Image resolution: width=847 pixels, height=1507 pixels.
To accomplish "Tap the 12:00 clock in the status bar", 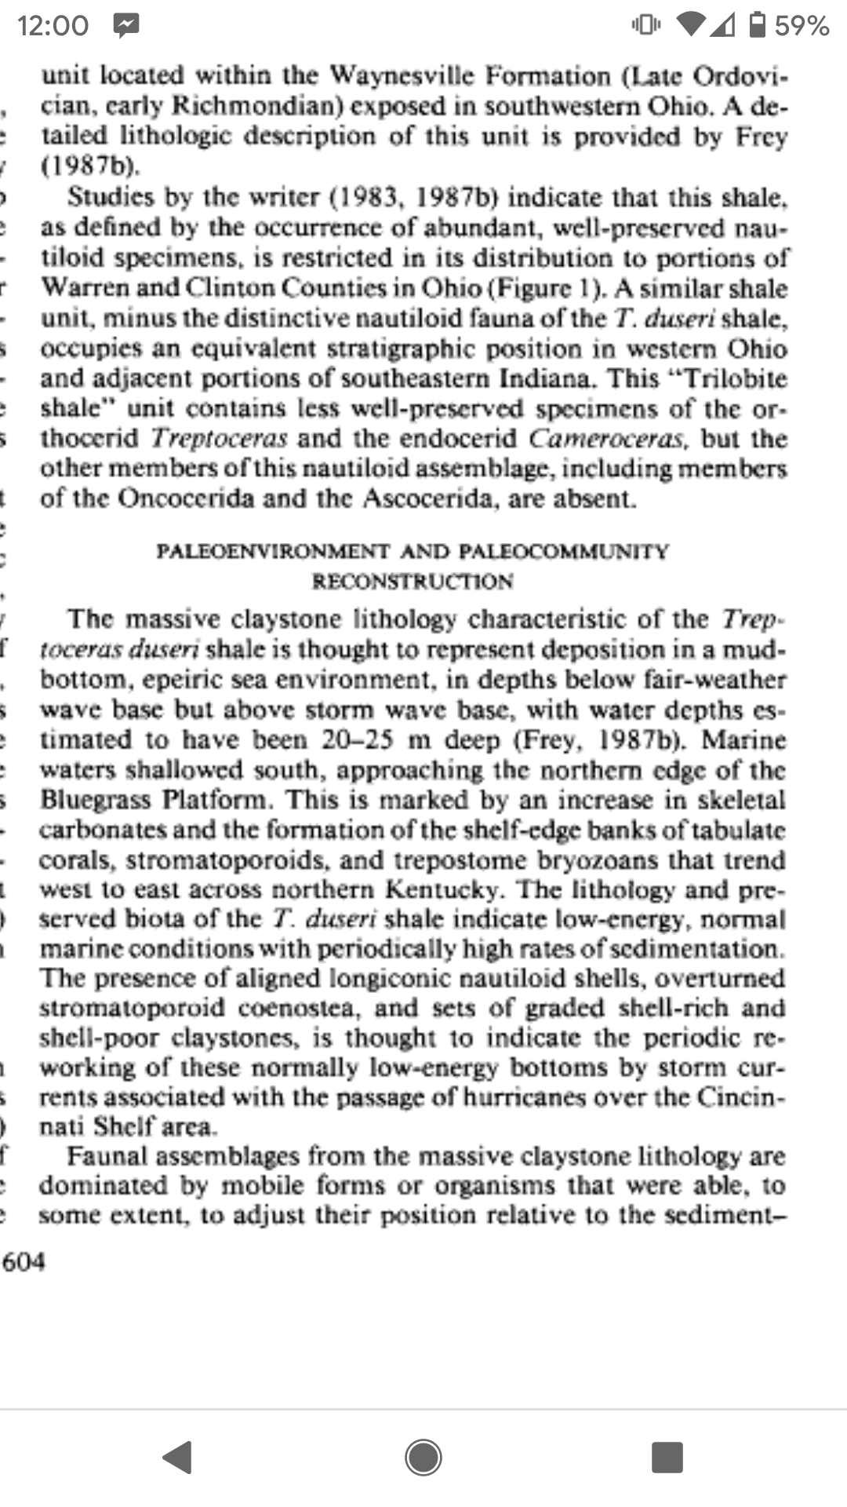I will pos(53,26).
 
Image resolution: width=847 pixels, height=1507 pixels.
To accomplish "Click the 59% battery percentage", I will pos(802,26).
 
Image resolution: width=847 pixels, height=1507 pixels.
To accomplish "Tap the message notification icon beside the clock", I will pos(125,26).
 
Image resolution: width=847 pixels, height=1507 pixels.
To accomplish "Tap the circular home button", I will pos(423,1458).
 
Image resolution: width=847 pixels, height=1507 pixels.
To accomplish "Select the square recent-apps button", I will pos(667,1458).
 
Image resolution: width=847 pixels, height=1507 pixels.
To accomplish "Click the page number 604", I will pos(24,1262).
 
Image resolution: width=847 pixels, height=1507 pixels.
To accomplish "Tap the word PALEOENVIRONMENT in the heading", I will pos(273,552).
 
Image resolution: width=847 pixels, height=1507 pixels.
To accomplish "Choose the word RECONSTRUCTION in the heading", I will pos(413,582).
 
